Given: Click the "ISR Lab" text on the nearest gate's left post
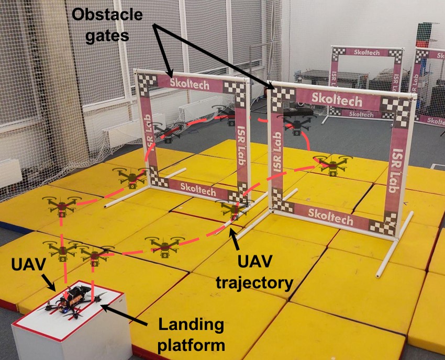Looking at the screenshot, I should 277,157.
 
